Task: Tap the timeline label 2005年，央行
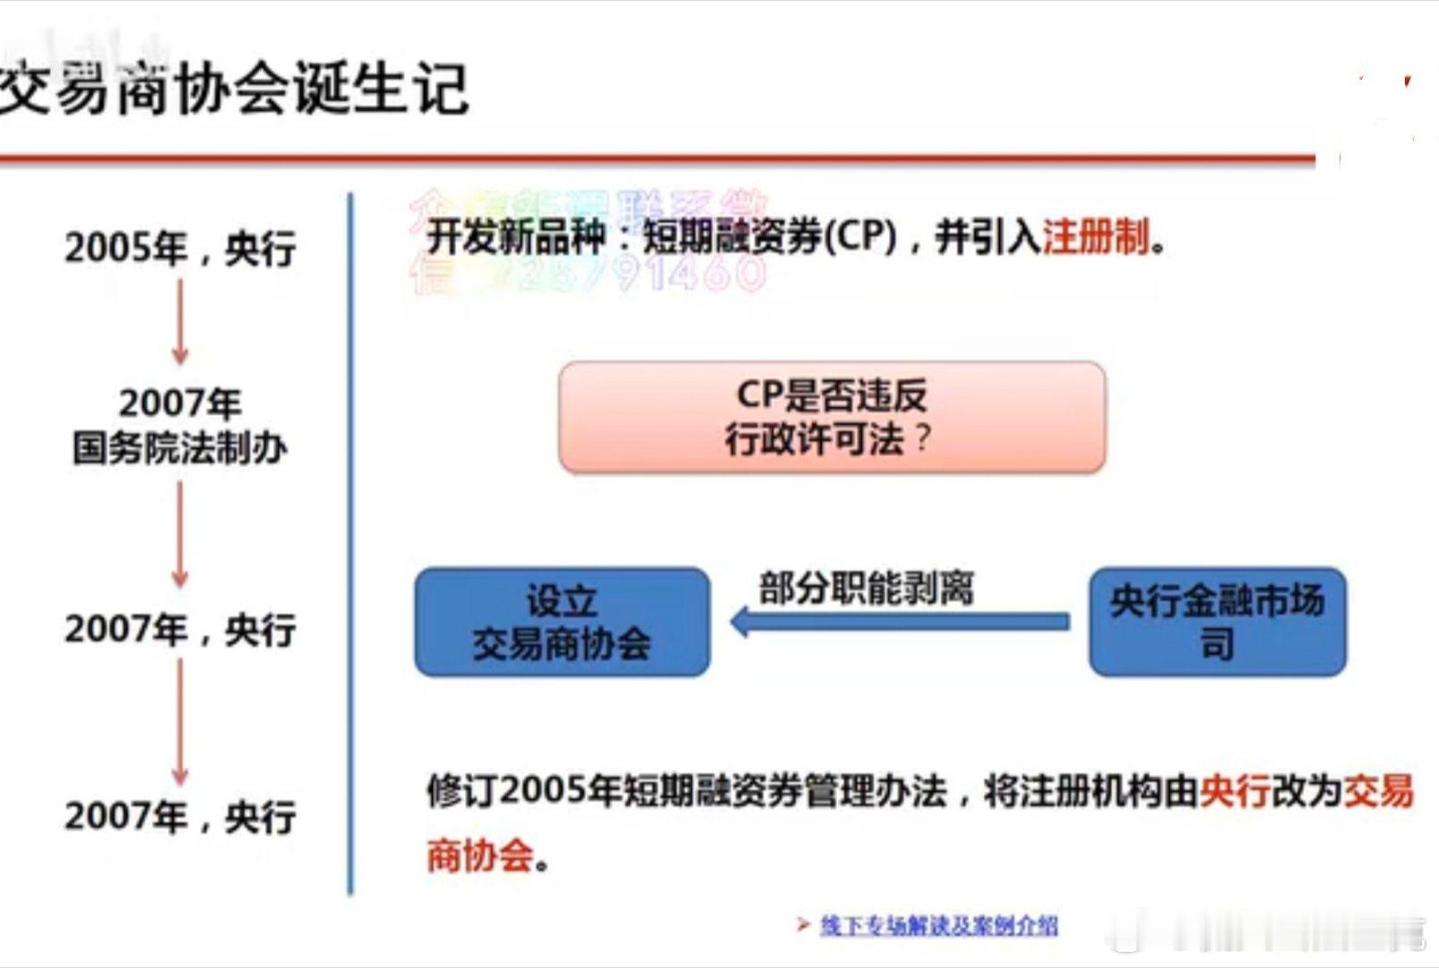coord(180,247)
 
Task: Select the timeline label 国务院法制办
coord(180,447)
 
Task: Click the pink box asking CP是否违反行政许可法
coord(832,417)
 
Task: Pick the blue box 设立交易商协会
coord(562,622)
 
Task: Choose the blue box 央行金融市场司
coord(1217,622)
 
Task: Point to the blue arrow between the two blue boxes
coord(900,621)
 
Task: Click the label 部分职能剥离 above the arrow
coord(866,588)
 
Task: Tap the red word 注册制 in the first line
coord(1095,238)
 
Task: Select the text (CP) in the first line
coord(859,237)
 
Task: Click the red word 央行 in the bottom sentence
coord(1234,791)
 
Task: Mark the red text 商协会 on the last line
coord(480,856)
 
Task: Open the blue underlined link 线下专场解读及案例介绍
coord(938,925)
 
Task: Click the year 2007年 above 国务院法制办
coord(180,403)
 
